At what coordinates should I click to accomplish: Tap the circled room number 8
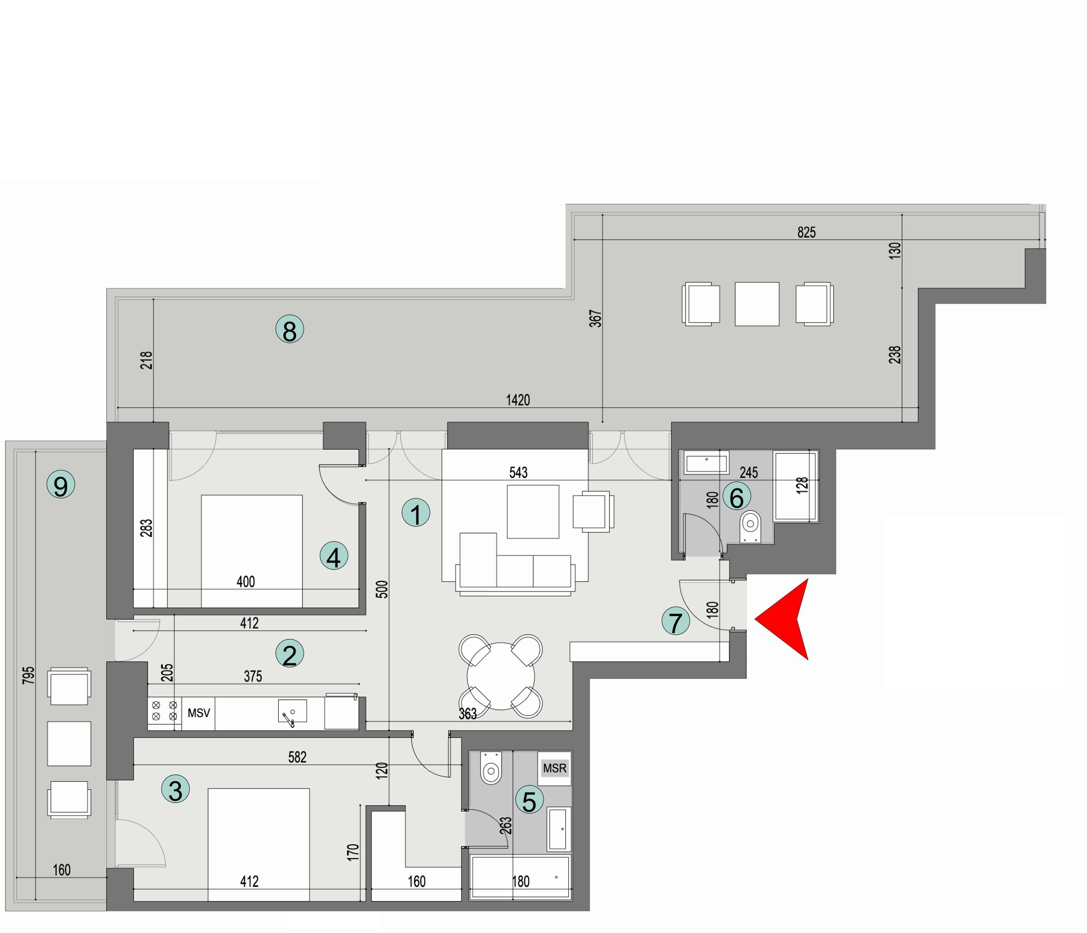(x=290, y=329)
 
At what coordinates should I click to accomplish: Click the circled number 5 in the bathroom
(x=529, y=801)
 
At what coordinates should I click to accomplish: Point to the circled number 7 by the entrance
(x=675, y=621)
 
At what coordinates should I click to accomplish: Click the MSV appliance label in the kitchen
(x=199, y=713)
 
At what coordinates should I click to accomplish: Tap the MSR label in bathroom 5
(x=554, y=768)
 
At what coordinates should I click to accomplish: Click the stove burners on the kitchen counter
(x=164, y=711)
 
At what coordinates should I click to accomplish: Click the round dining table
(x=500, y=676)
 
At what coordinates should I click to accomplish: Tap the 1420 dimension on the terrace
(x=518, y=400)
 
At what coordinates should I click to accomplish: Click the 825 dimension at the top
(x=806, y=232)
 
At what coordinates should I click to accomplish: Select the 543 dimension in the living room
(x=518, y=472)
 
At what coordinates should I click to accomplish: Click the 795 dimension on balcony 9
(x=29, y=675)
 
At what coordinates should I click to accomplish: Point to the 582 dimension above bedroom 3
(x=297, y=757)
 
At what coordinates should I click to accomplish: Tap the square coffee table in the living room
(x=533, y=511)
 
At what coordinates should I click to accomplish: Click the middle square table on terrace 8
(x=757, y=304)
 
